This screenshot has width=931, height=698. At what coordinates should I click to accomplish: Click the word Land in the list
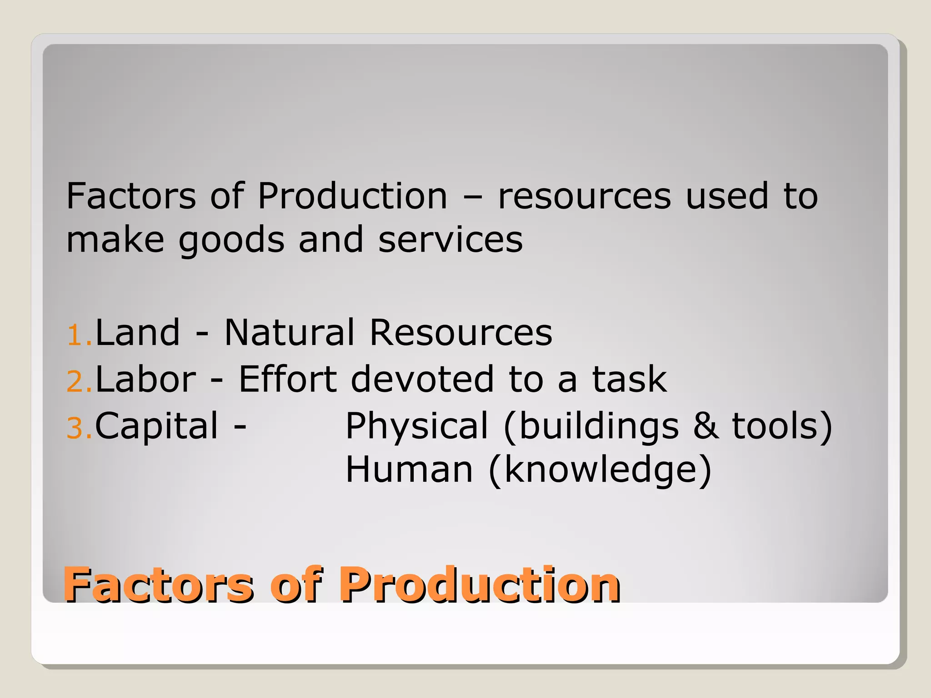click(x=138, y=333)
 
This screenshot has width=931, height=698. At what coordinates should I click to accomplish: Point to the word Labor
click(x=145, y=379)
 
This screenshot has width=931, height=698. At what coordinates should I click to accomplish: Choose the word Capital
click(x=157, y=426)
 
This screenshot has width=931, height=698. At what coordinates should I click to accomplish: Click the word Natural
click(x=289, y=333)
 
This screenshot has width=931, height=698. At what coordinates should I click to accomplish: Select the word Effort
click(x=288, y=379)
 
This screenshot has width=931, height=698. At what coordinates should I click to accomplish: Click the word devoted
click(x=422, y=379)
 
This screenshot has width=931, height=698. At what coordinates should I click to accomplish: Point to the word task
click(x=630, y=379)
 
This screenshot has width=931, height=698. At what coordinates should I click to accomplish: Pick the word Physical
click(x=417, y=426)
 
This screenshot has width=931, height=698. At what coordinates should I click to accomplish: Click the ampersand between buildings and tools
click(x=706, y=426)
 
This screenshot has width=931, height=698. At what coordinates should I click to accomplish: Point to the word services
click(x=450, y=240)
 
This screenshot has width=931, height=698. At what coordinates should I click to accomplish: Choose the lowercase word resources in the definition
click(x=584, y=196)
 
